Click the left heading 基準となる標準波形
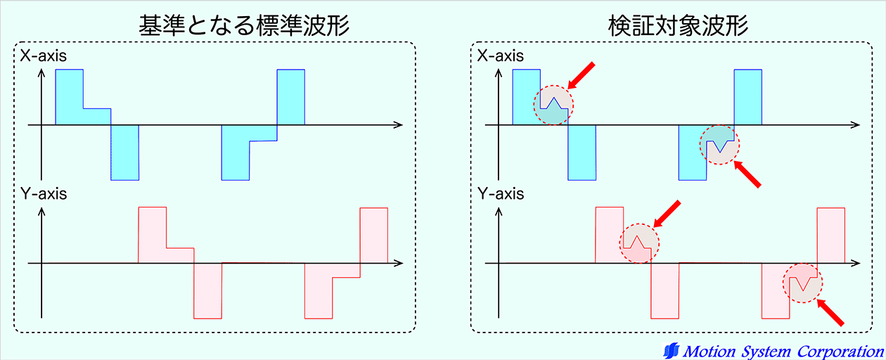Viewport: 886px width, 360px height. pyautogui.click(x=244, y=26)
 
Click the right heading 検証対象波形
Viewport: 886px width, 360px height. pyautogui.click(x=679, y=26)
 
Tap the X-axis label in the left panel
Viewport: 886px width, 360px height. pyautogui.click(x=44, y=56)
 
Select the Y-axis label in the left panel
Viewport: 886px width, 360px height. pyautogui.click(x=44, y=194)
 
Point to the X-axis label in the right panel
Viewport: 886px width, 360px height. pyautogui.click(x=501, y=56)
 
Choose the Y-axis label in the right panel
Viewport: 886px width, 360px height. pyautogui.click(x=501, y=194)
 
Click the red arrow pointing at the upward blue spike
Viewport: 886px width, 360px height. pyautogui.click(x=581, y=75)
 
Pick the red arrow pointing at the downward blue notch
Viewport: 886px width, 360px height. pyautogui.click(x=747, y=174)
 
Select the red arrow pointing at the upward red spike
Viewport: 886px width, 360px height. pyautogui.click(x=667, y=214)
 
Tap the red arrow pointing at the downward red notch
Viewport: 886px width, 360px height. pyautogui.click(x=830, y=312)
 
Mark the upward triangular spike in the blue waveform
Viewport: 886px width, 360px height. pyautogui.click(x=554, y=103)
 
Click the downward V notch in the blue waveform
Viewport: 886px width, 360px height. pyautogui.click(x=720, y=146)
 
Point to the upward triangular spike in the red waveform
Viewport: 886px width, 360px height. pyautogui.click(x=637, y=242)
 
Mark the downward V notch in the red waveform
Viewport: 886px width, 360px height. pyautogui.click(x=803, y=283)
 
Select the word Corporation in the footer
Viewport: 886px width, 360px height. pyautogui.click(x=840, y=352)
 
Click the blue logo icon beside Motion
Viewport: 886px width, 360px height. pyautogui.click(x=672, y=351)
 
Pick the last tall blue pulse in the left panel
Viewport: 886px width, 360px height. pyautogui.click(x=290, y=97)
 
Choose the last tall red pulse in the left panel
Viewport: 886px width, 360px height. pyautogui.click(x=374, y=236)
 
